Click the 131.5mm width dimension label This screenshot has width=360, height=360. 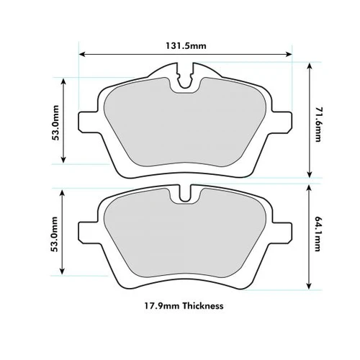[186, 45]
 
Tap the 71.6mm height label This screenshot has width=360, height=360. [318, 125]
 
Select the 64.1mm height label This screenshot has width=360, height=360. [318, 234]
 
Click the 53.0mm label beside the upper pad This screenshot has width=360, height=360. [55, 122]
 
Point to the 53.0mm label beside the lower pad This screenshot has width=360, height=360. [55, 234]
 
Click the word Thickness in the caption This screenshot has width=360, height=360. [203, 306]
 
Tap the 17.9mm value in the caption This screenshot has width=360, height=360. [162, 306]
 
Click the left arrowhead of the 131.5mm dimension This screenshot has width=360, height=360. [82, 54]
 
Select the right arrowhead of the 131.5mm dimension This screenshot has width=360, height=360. [289, 54]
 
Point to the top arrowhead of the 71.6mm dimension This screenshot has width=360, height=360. [310, 66]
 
